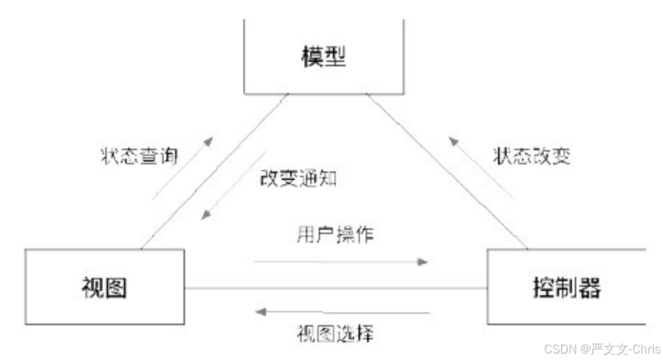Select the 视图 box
click(x=105, y=288)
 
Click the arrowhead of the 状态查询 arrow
click(x=207, y=141)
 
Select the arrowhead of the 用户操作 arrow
click(x=423, y=262)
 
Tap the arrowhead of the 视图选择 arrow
click(x=261, y=312)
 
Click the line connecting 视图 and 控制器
click(x=334, y=288)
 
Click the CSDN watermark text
click(x=602, y=349)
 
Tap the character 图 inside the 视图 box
click(x=116, y=288)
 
